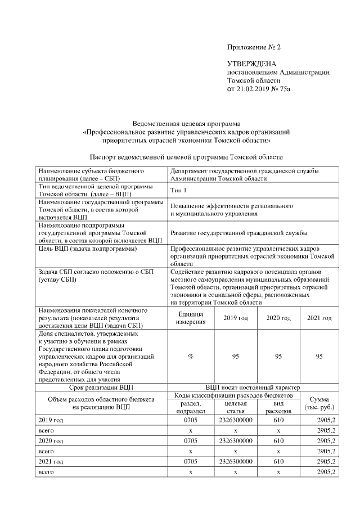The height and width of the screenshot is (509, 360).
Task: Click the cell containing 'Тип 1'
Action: click(178, 190)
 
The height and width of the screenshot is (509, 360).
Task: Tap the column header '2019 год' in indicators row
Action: click(235, 318)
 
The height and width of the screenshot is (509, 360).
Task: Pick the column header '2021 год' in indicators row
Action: click(319, 318)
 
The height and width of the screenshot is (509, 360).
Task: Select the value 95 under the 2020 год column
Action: click(278, 356)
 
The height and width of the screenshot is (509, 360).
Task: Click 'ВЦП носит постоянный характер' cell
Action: click(253, 388)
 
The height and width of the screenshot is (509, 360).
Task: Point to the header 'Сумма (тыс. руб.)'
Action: click(319, 403)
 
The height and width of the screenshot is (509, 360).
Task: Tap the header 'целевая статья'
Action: click(236, 407)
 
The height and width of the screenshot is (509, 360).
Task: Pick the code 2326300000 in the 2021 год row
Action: click(236, 461)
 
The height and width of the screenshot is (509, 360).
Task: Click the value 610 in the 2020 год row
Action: click(278, 440)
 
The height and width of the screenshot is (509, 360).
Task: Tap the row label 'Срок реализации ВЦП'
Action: click(102, 388)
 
